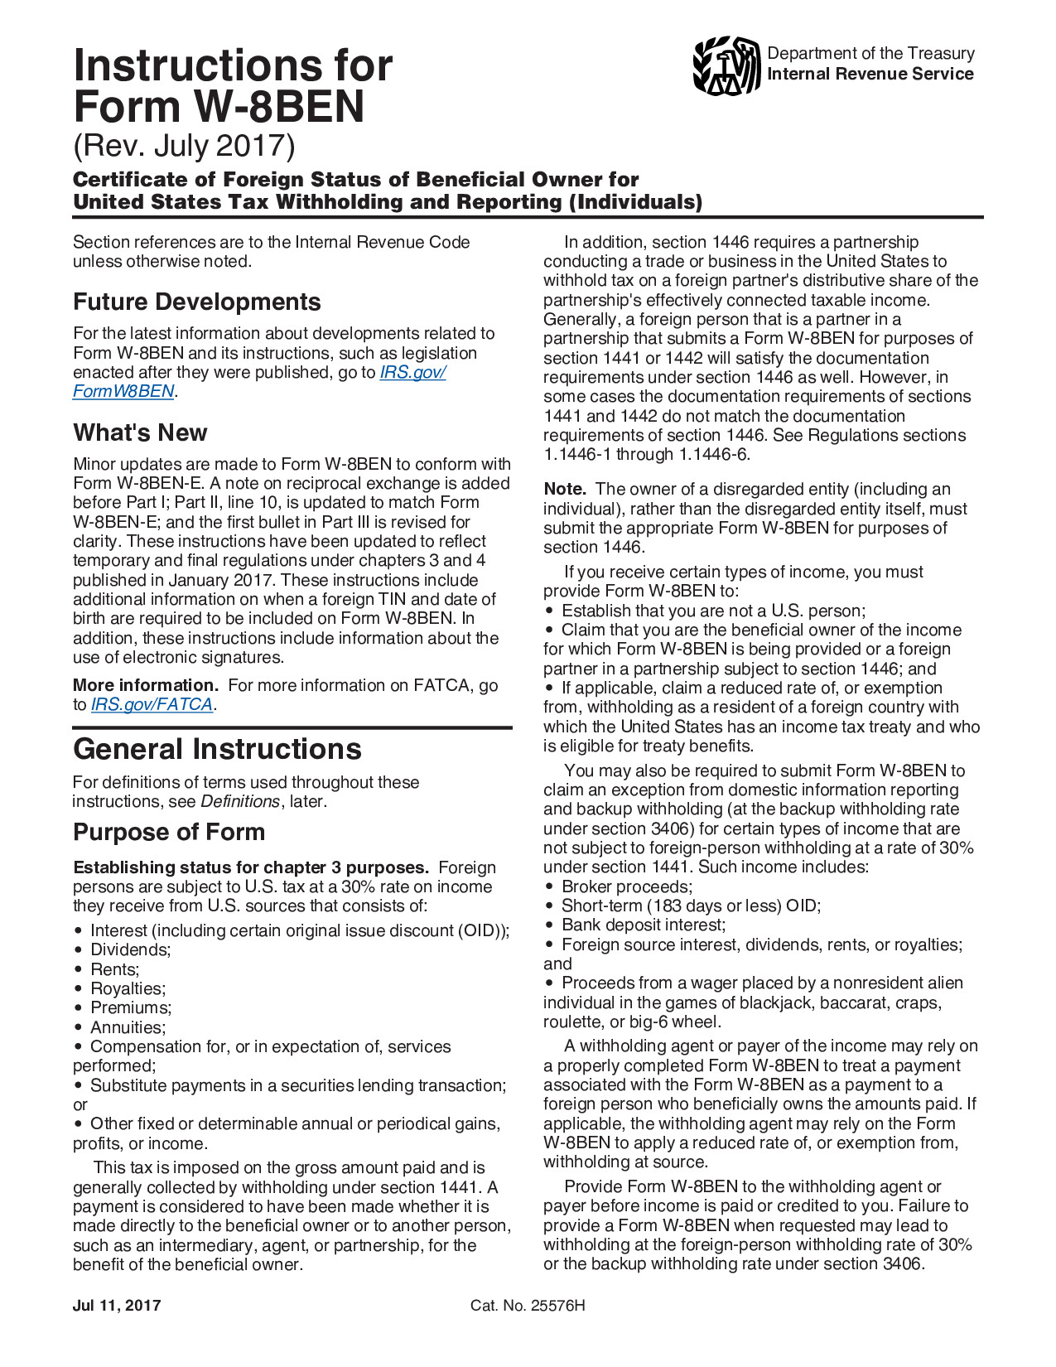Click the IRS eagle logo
coord(726,65)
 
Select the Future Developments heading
coord(197,302)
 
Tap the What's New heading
coord(140,432)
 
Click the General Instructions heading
coord(217,749)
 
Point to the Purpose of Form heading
coord(169,832)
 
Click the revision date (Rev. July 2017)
coord(184,145)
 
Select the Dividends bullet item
coord(130,949)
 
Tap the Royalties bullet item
coord(128,988)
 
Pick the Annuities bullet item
coord(128,1027)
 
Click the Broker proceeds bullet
coord(626,886)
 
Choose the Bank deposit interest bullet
coord(643,925)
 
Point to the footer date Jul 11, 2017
coord(117,1306)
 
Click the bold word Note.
coord(565,489)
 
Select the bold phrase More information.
coord(146,685)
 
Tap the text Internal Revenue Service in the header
coord(870,74)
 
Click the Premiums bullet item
coord(131,1007)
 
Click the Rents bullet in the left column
coord(114,969)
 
